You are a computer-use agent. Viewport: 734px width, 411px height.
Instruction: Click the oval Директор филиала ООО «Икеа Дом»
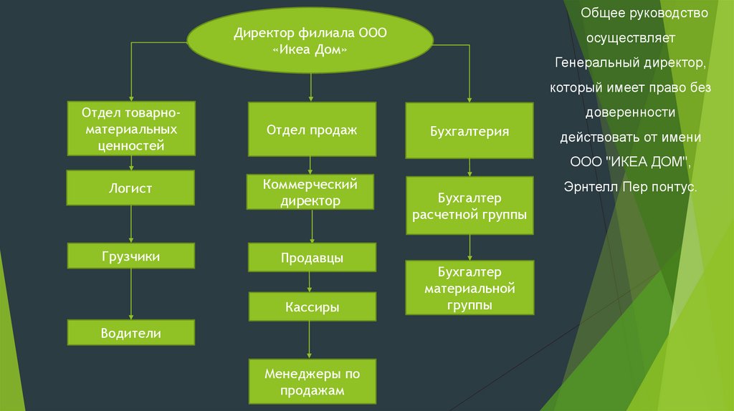(x=310, y=43)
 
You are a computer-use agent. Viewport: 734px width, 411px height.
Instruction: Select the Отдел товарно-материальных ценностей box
(x=131, y=129)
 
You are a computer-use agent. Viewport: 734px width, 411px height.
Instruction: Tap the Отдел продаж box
(x=312, y=130)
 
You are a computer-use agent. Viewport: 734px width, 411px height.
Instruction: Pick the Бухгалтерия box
(x=470, y=130)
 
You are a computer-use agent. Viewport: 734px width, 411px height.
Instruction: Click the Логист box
(x=130, y=188)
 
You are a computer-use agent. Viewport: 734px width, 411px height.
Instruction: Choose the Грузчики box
(x=130, y=256)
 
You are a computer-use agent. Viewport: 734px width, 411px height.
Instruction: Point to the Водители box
(x=130, y=332)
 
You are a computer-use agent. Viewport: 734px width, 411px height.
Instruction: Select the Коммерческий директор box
(x=311, y=192)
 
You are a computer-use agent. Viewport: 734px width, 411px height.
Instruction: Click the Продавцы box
(x=312, y=257)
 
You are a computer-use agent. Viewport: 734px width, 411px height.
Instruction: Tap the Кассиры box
(x=312, y=306)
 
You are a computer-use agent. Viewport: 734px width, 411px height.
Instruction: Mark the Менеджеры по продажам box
(x=312, y=382)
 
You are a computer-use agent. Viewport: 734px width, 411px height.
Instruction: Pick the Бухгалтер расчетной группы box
(x=470, y=205)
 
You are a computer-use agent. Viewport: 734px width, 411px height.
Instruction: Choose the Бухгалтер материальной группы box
(x=470, y=288)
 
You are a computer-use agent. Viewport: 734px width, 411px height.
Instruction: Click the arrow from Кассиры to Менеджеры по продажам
(x=310, y=340)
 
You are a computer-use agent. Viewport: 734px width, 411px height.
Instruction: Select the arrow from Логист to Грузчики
(x=130, y=224)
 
